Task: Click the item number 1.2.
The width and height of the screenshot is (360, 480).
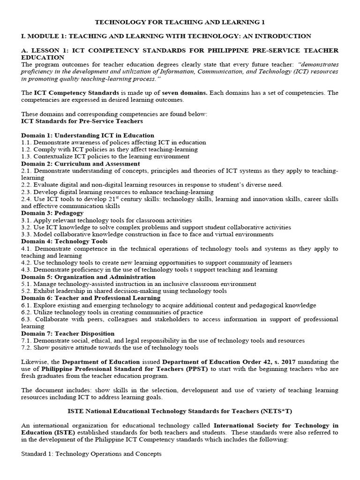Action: tap(26, 149)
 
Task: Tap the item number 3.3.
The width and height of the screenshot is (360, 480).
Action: tap(26, 234)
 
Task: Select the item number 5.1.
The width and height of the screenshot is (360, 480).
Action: tap(26, 284)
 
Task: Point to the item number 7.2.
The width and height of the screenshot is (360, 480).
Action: tap(26, 347)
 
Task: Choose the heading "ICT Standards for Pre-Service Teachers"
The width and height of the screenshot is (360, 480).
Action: tap(82, 121)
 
